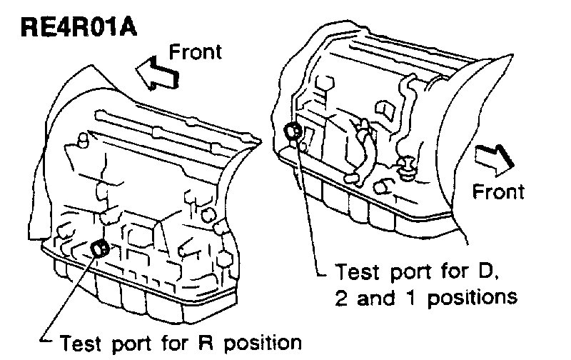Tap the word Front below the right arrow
pyautogui.click(x=499, y=191)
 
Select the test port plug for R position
pyautogui.click(x=101, y=249)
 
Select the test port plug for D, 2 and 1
pyautogui.click(x=292, y=131)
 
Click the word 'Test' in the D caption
pyautogui.click(x=357, y=273)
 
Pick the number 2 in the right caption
pyautogui.click(x=344, y=296)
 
